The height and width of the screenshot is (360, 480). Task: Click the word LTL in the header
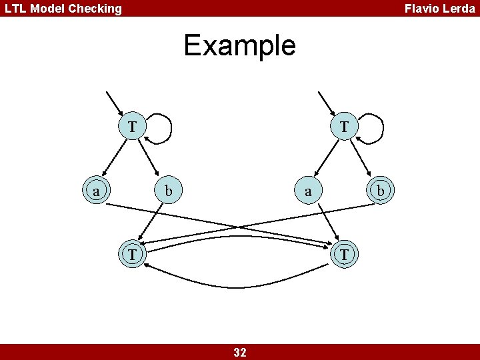pyautogui.click(x=15, y=9)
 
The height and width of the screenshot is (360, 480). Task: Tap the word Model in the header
pyautogui.click(x=45, y=9)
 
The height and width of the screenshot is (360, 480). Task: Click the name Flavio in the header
pyautogui.click(x=421, y=9)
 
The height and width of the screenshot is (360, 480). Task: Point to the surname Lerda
pyautogui.click(x=459, y=9)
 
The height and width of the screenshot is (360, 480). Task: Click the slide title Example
pyautogui.click(x=239, y=45)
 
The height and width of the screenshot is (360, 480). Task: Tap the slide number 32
pyautogui.click(x=240, y=353)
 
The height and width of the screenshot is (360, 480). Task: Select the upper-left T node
pyautogui.click(x=133, y=126)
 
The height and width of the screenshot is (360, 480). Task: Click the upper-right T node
pyautogui.click(x=344, y=126)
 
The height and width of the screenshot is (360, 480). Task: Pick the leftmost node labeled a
pyautogui.click(x=97, y=191)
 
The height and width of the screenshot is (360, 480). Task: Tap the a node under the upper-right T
pyautogui.click(x=307, y=191)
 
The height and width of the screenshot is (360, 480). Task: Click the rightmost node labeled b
pyautogui.click(x=380, y=191)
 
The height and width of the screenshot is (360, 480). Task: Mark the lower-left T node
pyautogui.click(x=133, y=255)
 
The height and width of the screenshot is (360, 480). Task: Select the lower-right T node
pyautogui.click(x=344, y=255)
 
